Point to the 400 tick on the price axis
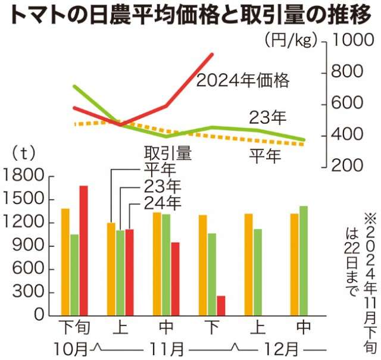pos(349,136)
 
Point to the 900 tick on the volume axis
pos(27,246)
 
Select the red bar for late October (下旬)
pos(83,251)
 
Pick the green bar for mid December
pos(304,261)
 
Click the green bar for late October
pos(74,274)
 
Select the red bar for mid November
pos(175,278)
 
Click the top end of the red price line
pos(213,55)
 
